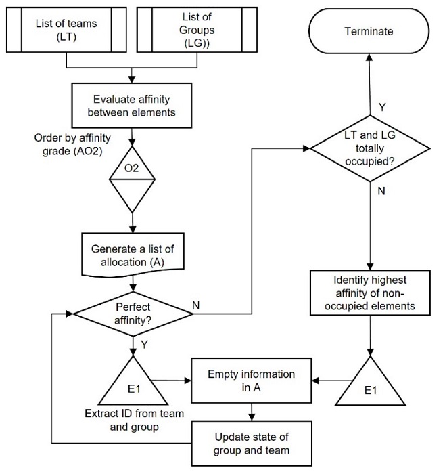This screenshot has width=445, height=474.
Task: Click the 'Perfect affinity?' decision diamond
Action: click(133, 311)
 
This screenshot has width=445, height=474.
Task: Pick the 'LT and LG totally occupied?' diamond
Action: click(369, 147)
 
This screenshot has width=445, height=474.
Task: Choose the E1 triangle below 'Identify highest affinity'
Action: click(369, 385)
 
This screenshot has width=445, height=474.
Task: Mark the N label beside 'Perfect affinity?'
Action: click(196, 305)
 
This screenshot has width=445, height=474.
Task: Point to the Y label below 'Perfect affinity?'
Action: click(143, 343)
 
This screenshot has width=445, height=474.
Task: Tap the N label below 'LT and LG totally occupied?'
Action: click(381, 192)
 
